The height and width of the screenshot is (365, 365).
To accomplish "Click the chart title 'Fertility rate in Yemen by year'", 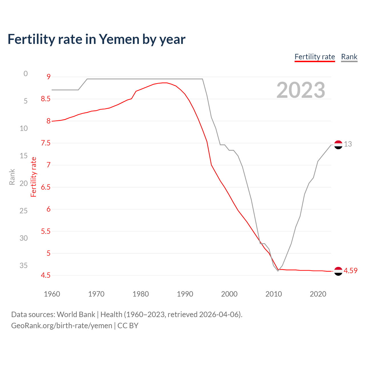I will pyautogui.click(x=96, y=39).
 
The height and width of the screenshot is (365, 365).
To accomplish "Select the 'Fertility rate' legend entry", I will pyautogui.click(x=315, y=57).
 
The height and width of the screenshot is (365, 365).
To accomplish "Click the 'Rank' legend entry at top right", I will pyautogui.click(x=349, y=57).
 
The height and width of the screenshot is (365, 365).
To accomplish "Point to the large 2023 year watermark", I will pyautogui.click(x=301, y=90).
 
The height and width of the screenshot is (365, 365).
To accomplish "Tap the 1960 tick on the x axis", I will pyautogui.click(x=52, y=294).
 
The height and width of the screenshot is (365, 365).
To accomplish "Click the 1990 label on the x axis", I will pyautogui.click(x=185, y=294).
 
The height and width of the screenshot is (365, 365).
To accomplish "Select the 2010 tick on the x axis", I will pyautogui.click(x=273, y=294).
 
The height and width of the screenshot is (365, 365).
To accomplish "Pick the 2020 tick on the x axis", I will pyautogui.click(x=318, y=294).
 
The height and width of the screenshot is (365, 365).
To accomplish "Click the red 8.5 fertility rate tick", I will pyautogui.click(x=46, y=99).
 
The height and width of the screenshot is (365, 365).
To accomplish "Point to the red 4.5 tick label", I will pyautogui.click(x=46, y=275).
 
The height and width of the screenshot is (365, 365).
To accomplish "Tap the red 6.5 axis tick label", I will pyautogui.click(x=46, y=187).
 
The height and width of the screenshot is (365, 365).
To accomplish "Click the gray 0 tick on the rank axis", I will pyautogui.click(x=26, y=74).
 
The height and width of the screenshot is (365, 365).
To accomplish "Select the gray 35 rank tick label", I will pyautogui.click(x=24, y=265).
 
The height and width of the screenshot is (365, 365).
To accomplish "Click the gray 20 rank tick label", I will pyautogui.click(x=24, y=183).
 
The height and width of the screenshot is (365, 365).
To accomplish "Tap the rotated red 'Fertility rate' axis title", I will pyautogui.click(x=34, y=177).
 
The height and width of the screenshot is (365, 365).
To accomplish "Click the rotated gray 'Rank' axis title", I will pyautogui.click(x=12, y=177).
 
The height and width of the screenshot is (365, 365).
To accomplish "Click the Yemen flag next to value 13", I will pyautogui.click(x=338, y=145).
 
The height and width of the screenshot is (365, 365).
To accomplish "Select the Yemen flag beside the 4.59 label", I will pyautogui.click(x=338, y=271).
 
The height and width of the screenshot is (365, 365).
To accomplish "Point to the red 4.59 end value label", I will pyautogui.click(x=350, y=271).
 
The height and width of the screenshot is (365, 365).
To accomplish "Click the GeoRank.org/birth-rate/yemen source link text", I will pyautogui.click(x=62, y=326).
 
